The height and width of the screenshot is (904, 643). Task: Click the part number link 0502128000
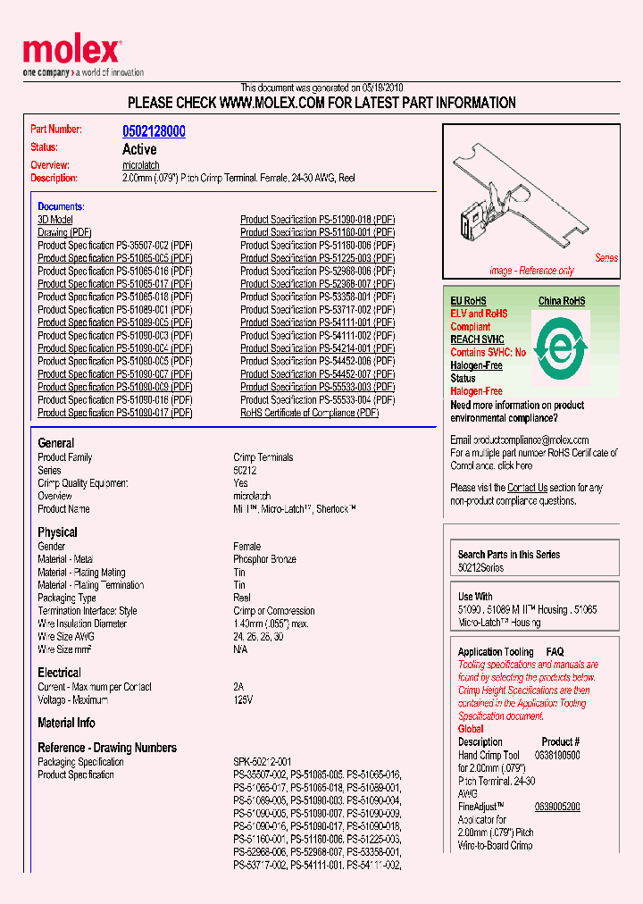154,131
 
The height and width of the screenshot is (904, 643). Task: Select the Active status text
139,149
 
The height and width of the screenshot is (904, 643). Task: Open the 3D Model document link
55,220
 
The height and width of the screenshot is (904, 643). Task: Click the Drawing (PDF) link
64,232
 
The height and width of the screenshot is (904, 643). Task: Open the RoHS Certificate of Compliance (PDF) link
309,413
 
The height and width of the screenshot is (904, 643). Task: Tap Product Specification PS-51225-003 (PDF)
317,258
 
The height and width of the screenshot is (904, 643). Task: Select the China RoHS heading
561,301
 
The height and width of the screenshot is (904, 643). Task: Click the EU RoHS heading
469,301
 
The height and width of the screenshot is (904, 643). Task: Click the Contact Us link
527,488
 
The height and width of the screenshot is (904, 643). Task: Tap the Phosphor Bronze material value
264,559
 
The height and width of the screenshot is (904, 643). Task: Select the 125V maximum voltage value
244,700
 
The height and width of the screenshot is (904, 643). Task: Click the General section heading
56,443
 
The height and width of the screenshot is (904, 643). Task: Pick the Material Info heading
66,723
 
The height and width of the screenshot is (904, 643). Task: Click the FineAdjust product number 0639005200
556,807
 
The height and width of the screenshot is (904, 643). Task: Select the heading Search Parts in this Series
508,555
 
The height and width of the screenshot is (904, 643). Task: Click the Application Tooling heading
496,652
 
